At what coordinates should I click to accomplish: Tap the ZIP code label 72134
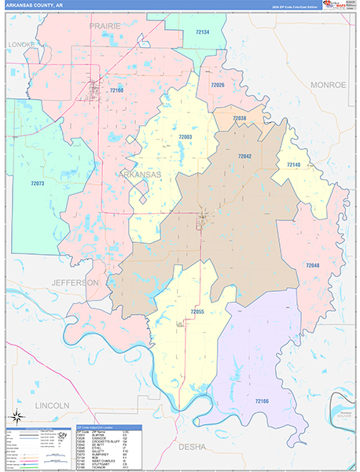(x=202, y=32)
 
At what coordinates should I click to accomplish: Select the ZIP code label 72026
(x=218, y=85)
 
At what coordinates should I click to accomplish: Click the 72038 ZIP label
(x=239, y=118)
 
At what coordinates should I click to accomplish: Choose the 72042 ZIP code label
(x=244, y=157)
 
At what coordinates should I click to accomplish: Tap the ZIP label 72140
(x=293, y=164)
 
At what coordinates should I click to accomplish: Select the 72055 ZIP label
(x=197, y=312)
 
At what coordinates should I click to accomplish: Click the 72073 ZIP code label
(x=38, y=183)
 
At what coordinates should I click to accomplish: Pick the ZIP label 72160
(x=117, y=91)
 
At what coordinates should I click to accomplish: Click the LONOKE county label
(x=21, y=45)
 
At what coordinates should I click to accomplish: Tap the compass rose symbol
(x=16, y=416)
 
